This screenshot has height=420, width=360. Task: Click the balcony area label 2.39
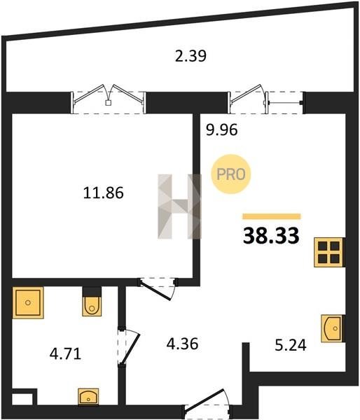tap(191, 56)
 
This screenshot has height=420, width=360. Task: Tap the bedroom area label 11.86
tap(104, 193)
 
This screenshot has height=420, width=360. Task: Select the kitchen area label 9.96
tap(222, 130)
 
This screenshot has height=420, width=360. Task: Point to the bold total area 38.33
tap(271, 235)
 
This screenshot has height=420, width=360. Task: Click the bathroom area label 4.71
tap(65, 353)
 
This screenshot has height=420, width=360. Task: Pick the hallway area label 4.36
tap(182, 344)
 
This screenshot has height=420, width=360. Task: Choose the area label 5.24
tap(291, 345)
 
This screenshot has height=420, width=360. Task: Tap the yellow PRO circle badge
tap(231, 174)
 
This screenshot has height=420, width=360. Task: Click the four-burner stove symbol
tap(328, 252)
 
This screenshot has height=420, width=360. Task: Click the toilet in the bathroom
tap(92, 301)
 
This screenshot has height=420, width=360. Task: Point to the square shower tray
tap(28, 302)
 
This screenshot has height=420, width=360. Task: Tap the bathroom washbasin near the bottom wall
tap(88, 396)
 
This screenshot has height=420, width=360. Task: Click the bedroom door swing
tap(158, 288)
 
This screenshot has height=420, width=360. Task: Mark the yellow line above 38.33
tap(272, 216)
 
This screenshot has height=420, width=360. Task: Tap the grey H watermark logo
tap(179, 206)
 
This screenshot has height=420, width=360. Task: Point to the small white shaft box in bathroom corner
tap(22, 399)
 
